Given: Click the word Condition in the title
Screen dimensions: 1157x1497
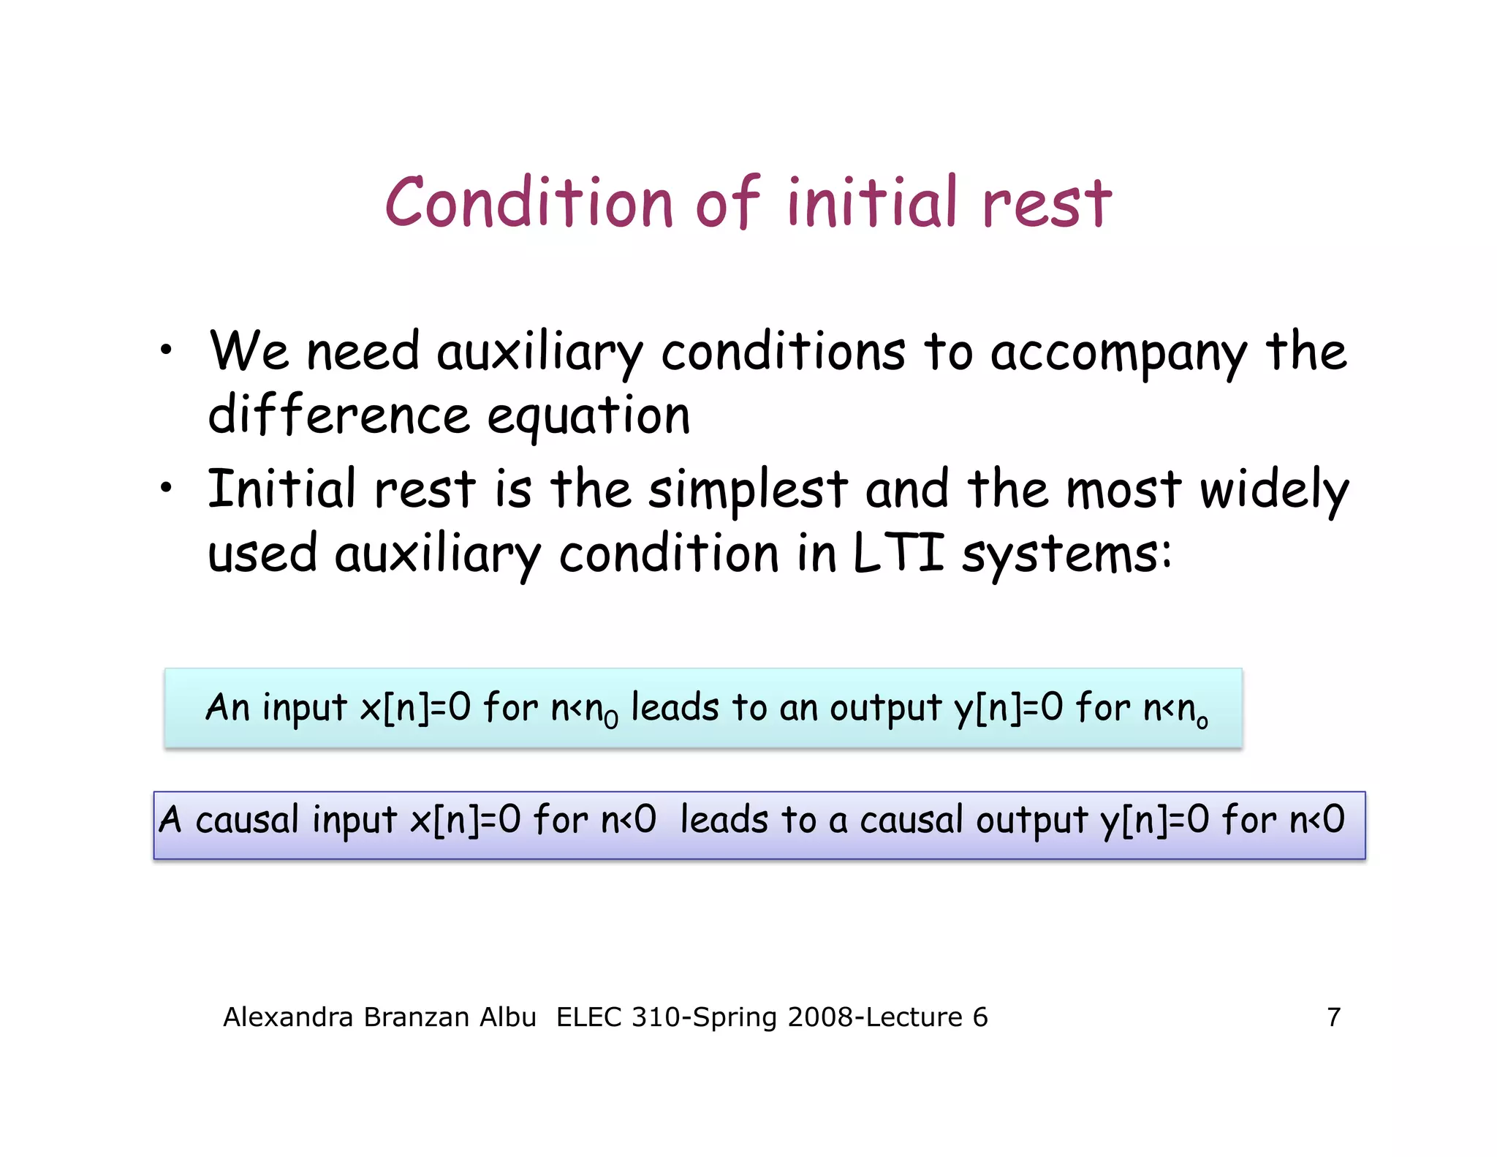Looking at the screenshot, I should (528, 203).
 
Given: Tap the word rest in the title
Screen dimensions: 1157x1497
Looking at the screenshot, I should (1046, 204).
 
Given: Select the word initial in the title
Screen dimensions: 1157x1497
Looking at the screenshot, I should (871, 203).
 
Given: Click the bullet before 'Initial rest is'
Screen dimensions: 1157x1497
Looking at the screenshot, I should (167, 487).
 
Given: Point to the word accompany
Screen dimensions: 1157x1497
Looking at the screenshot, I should (1118, 354).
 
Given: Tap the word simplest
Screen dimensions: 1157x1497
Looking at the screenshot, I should (748, 491).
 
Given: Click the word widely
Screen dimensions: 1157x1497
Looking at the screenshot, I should (1274, 491).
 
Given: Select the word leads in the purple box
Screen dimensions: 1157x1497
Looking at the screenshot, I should (724, 820).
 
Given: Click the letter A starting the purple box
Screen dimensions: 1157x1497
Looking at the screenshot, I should (170, 819).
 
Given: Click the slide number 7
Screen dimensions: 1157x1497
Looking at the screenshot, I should (1333, 1017).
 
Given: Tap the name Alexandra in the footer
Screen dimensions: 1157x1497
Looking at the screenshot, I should (288, 1017).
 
